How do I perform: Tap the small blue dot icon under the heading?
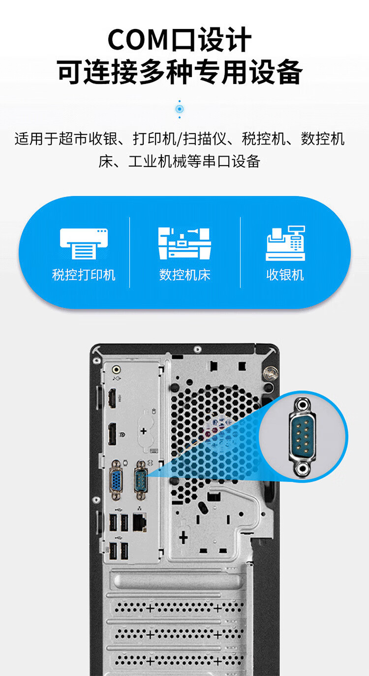tap(180, 109)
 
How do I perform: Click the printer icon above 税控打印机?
tap(84, 243)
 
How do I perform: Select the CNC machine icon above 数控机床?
tap(184, 243)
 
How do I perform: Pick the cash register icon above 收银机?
tap(285, 243)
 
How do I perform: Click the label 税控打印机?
tap(84, 275)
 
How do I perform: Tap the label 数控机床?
tap(184, 275)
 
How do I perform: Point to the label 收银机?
tap(285, 275)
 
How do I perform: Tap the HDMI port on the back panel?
tap(112, 398)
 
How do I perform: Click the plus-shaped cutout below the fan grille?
tap(184, 537)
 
